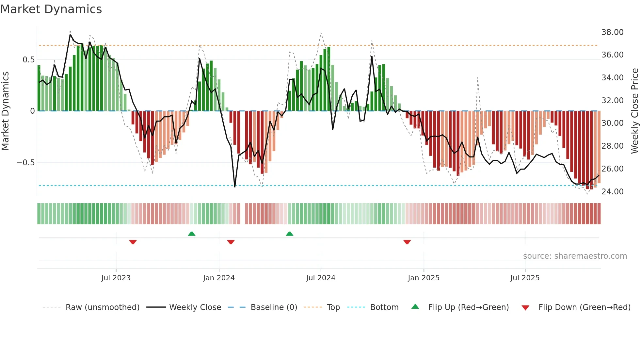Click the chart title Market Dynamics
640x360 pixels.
point(51,9)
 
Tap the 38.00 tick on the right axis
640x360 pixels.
point(612,32)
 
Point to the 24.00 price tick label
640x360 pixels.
point(612,192)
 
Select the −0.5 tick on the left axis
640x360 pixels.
point(25,163)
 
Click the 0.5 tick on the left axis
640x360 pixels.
point(28,60)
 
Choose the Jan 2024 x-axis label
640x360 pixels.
point(219,278)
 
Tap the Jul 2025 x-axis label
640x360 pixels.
point(525,278)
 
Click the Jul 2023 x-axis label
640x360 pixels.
point(116,278)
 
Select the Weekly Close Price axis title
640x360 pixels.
point(634,111)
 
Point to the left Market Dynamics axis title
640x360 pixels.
point(5,111)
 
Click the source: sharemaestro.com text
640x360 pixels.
point(575,256)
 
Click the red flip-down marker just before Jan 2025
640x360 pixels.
point(407,242)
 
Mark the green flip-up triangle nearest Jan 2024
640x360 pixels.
point(192,234)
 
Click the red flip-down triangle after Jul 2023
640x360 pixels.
point(133,242)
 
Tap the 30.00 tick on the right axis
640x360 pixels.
point(612,123)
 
